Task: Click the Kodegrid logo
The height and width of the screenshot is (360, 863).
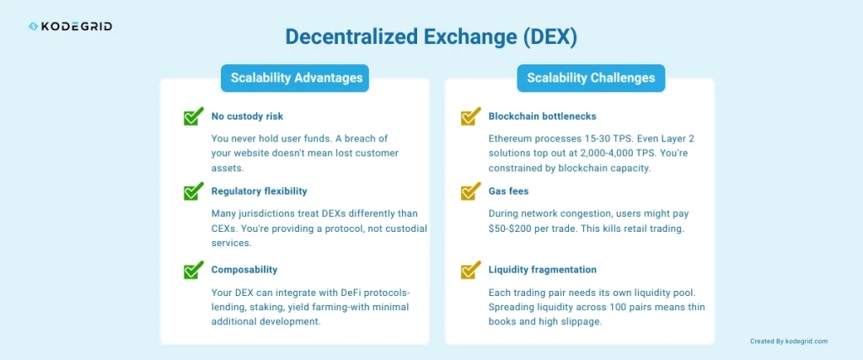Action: point(70,26)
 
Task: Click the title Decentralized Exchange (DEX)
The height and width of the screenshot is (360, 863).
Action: point(431,37)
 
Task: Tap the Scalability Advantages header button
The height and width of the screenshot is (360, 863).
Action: point(296,78)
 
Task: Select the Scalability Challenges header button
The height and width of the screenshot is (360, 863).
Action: point(591,78)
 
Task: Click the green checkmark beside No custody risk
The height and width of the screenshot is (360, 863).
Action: point(194,116)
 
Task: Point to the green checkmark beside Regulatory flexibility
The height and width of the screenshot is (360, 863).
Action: point(194,191)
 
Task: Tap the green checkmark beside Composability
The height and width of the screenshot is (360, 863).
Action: point(194,270)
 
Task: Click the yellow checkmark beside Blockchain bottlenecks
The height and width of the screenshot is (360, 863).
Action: point(470,116)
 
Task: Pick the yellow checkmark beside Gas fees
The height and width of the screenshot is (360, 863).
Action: point(470,191)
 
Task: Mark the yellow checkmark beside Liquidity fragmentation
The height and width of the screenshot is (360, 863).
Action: point(470,270)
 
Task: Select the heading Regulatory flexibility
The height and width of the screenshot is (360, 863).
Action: point(259,191)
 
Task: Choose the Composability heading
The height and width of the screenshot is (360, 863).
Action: point(244,270)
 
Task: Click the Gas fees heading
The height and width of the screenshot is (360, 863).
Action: point(508,191)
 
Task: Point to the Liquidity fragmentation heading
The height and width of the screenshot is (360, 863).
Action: point(542,270)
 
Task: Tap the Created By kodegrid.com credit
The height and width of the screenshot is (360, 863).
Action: point(788,341)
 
